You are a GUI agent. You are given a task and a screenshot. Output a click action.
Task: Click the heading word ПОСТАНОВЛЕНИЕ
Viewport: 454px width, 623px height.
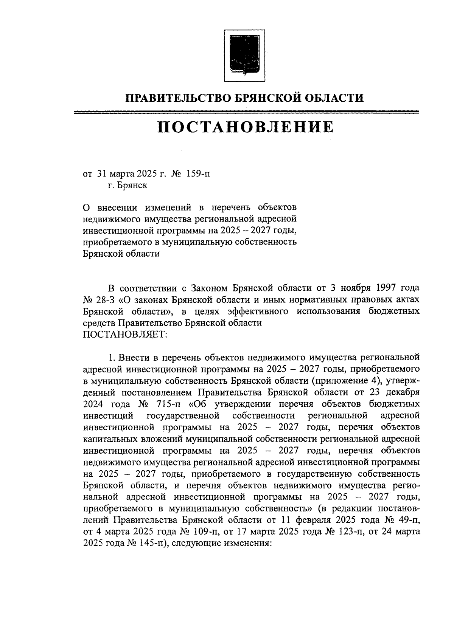pos(246,127)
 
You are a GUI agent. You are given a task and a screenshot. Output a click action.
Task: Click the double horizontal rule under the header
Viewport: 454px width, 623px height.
pos(246,112)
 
